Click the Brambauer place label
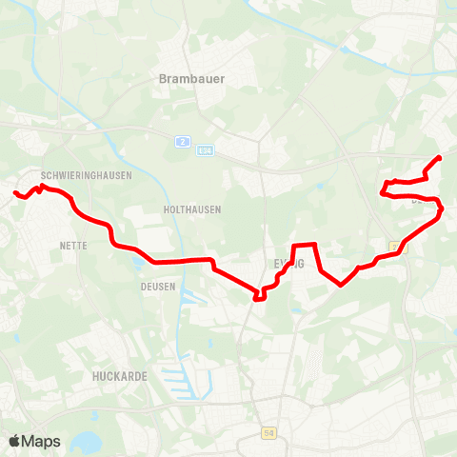tap(192, 79)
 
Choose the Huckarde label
tap(120, 376)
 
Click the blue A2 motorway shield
tap(180, 142)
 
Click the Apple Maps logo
tap(34, 441)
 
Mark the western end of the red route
tap(14, 194)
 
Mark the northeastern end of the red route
tap(439, 157)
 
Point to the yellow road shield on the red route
tap(393, 248)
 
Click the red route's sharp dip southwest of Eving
tap(258, 297)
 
